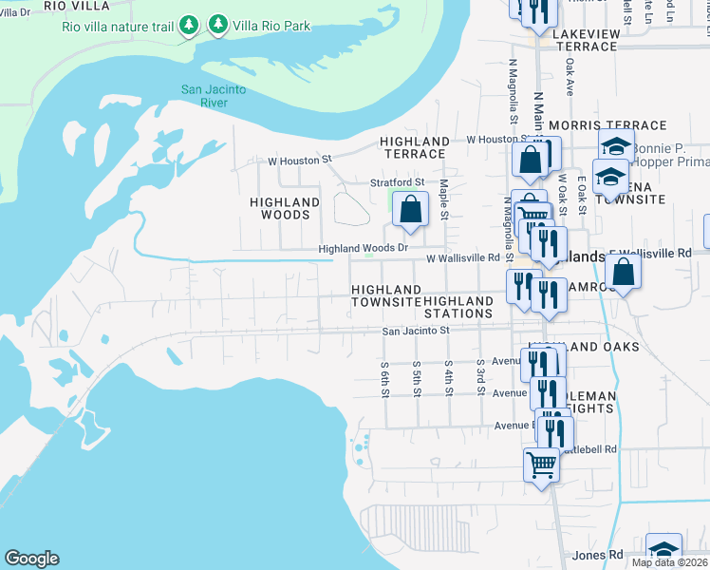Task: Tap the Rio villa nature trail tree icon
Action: tap(189, 24)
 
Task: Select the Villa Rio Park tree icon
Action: tap(218, 24)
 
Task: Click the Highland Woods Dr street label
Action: tap(363, 249)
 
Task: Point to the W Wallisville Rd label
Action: tap(462, 257)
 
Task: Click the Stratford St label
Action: tap(397, 181)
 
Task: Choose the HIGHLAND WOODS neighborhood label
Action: tap(285, 208)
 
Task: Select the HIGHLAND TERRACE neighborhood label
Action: tap(414, 147)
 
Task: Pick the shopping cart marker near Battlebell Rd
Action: tap(541, 465)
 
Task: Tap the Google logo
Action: tap(31, 560)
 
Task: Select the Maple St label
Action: tap(443, 199)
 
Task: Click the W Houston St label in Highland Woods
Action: tap(299, 160)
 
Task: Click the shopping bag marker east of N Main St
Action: tap(624, 273)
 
